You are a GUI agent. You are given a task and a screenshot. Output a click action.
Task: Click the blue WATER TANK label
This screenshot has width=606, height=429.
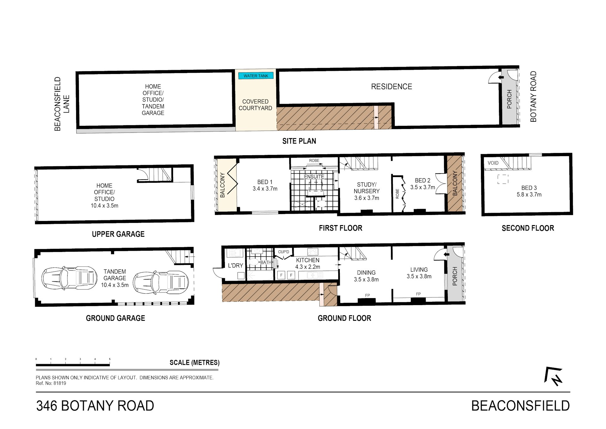click(256, 76)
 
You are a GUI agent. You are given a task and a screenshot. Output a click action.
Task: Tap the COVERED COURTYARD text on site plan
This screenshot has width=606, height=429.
click(255, 105)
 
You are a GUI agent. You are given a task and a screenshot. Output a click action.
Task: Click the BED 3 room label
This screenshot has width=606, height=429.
click(529, 191)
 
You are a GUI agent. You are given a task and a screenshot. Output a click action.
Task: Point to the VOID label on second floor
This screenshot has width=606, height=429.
click(493, 163)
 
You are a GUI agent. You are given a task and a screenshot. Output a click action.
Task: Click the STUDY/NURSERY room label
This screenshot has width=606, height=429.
click(366, 191)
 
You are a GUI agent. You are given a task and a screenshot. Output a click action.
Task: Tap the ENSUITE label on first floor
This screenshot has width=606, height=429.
click(314, 177)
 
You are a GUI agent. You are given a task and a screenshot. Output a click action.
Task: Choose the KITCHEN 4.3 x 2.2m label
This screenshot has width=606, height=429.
click(308, 263)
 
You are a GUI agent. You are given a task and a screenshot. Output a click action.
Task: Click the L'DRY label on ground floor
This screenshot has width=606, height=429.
click(235, 266)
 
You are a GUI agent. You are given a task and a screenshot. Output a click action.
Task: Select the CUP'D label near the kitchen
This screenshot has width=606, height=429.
click(283, 252)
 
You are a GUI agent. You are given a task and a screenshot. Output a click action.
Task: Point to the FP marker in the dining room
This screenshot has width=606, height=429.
click(367, 295)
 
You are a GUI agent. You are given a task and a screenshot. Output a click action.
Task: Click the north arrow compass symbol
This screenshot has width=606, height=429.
click(554, 376)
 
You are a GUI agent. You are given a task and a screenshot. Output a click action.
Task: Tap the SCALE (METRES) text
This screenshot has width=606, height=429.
click(194, 363)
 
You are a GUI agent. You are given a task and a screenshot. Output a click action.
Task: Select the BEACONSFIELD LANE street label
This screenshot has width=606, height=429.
click(62, 104)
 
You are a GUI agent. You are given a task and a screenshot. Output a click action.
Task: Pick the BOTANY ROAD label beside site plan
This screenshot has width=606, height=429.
click(533, 96)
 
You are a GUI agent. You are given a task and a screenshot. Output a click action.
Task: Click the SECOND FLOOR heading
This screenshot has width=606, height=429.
click(528, 228)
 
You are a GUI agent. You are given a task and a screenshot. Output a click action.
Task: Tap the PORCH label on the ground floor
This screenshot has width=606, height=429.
click(455, 276)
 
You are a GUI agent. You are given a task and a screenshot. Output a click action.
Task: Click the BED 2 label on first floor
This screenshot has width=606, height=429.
click(422, 184)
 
